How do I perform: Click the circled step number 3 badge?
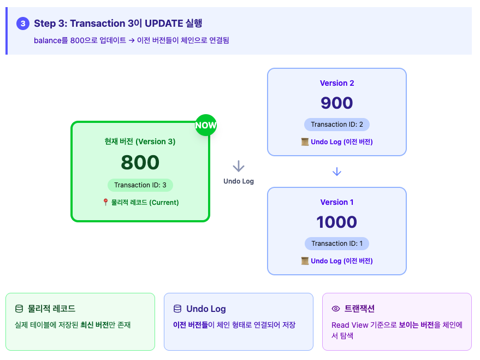(23, 23)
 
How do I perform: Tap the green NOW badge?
(206, 125)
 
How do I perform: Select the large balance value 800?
(140, 162)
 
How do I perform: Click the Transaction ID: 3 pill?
(140, 185)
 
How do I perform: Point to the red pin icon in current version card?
(105, 202)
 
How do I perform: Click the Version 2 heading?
(337, 83)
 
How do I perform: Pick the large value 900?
(337, 103)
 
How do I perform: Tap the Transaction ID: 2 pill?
(337, 125)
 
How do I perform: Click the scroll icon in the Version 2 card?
(305, 142)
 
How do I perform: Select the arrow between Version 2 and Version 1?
(337, 172)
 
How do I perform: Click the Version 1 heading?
(337, 202)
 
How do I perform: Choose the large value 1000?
(337, 222)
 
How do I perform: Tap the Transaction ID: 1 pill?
(337, 244)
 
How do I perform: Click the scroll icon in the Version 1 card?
(305, 261)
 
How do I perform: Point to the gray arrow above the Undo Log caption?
(239, 167)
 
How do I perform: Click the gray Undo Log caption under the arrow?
(239, 181)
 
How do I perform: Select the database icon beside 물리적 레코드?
(19, 309)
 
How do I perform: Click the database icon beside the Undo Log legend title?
(177, 309)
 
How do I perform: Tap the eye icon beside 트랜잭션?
(336, 309)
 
